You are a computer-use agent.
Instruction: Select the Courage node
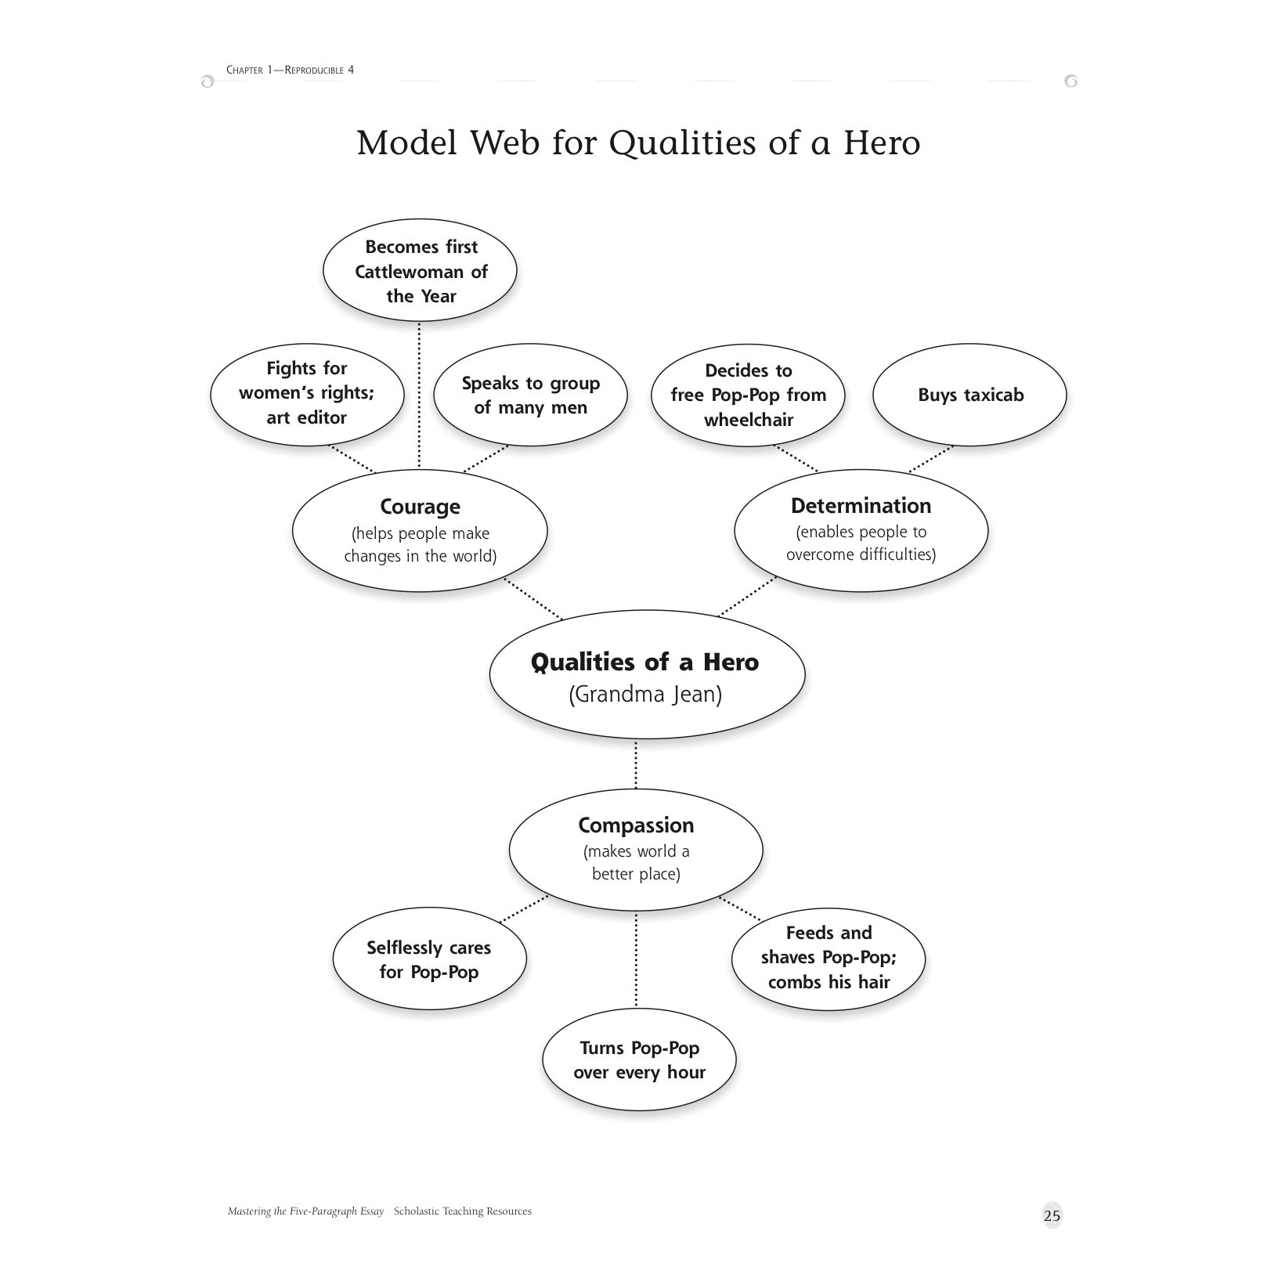(420, 530)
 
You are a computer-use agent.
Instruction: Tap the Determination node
(861, 529)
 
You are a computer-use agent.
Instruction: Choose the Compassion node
(636, 849)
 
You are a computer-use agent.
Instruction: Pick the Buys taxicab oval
(969, 395)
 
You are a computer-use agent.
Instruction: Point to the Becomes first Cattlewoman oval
(420, 271)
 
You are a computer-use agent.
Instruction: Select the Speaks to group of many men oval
(530, 395)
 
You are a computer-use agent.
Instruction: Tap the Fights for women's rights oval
(307, 393)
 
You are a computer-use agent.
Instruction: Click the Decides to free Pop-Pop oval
(749, 395)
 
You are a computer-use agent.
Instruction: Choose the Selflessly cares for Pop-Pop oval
(429, 959)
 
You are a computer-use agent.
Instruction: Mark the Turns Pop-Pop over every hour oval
(639, 1060)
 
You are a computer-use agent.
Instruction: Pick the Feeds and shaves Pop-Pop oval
(829, 957)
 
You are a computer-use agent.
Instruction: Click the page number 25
(1052, 1215)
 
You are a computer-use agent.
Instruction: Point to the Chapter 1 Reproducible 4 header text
(290, 70)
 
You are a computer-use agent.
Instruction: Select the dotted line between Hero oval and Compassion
(636, 764)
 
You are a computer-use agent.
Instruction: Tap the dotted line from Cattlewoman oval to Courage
(420, 395)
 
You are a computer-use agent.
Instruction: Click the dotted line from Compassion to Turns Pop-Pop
(636, 959)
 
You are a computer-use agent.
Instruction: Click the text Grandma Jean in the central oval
(645, 695)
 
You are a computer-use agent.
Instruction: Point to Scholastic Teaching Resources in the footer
(462, 1211)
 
